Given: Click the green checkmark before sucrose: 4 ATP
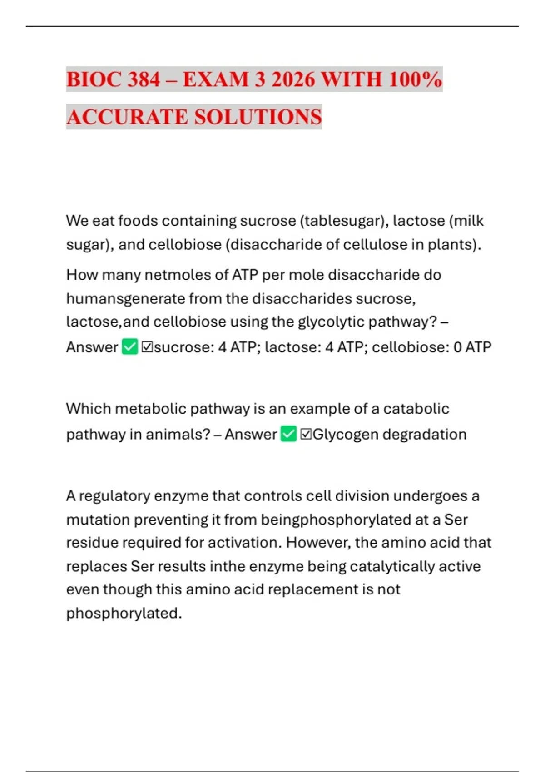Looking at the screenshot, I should [130, 347].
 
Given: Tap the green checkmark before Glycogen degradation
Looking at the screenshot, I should [288, 434].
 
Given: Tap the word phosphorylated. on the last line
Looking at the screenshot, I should [124, 614].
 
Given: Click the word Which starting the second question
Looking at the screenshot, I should [88, 409].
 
